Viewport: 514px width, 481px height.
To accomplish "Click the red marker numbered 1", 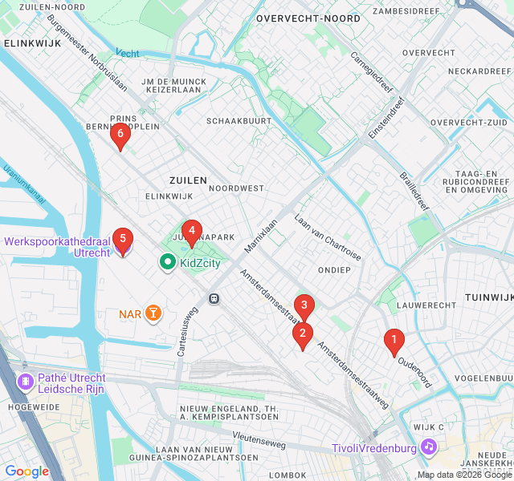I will [394, 342].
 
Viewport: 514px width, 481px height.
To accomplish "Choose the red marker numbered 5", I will [122, 239].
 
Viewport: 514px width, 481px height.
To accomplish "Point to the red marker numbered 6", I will [120, 135].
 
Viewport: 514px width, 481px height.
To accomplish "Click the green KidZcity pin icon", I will [168, 262].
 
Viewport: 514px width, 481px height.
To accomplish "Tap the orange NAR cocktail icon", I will [153, 313].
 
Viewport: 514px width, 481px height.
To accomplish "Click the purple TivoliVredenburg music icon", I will [429, 446].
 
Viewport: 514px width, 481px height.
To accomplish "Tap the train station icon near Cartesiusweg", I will [214, 298].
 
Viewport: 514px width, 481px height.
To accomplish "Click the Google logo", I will [27, 471].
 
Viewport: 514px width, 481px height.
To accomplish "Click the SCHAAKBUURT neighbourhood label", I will [239, 120].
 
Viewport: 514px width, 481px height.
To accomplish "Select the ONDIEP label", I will [334, 270].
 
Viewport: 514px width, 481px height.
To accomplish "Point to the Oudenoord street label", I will [414, 368].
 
